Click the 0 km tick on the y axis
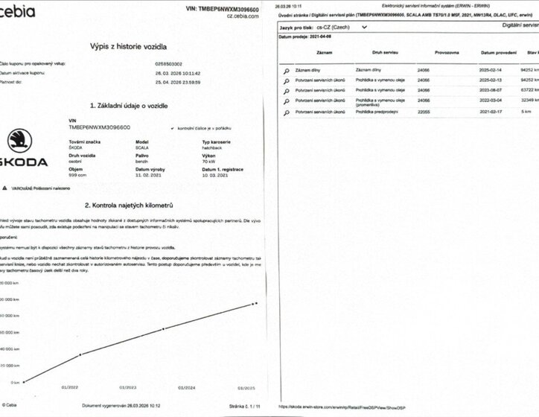coord(8,383)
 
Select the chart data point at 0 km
coord(24,382)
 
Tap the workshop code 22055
coord(423,112)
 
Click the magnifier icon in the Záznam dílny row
coord(285,70)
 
